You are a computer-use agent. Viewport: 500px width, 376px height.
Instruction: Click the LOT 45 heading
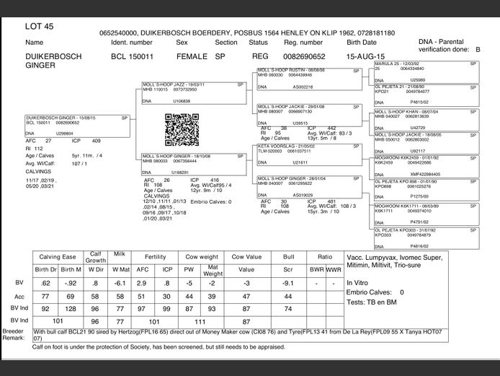(x=39, y=26)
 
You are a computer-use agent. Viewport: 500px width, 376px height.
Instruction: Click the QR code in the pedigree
(x=181, y=130)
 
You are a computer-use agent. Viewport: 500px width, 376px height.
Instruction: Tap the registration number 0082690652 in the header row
(x=304, y=56)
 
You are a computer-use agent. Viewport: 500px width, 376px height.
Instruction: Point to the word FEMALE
(x=189, y=56)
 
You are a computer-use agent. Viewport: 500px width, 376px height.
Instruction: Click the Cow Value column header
(x=246, y=257)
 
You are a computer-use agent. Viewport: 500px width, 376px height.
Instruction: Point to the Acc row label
(x=19, y=296)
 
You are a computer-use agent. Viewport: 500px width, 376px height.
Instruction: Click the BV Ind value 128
(x=71, y=309)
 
